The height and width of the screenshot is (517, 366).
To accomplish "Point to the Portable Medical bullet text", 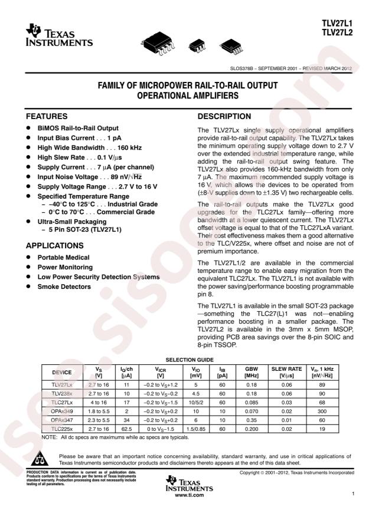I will pyautogui.click(x=64, y=257).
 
